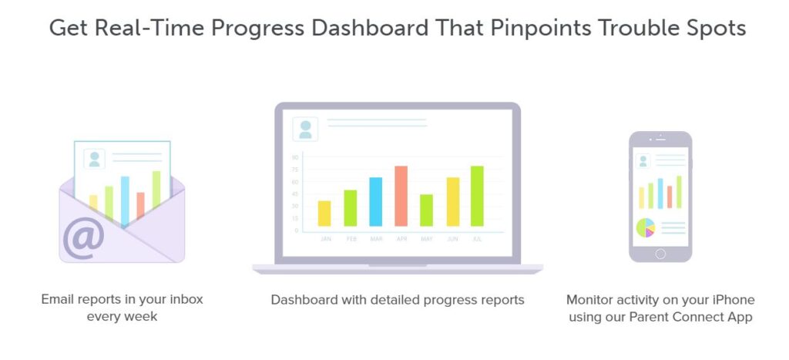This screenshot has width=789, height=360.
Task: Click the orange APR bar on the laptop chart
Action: point(401,196)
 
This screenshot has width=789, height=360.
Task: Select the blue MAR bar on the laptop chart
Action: point(375,201)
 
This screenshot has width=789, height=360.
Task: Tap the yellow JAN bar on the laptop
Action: point(324,214)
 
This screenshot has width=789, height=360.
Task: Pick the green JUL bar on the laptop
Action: point(477,196)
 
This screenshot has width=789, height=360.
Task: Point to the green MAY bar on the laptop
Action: point(427,210)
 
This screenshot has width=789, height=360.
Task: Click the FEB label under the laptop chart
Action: point(351,239)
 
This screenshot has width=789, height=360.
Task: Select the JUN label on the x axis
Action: point(453,239)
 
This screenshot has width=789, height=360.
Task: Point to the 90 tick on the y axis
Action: point(295,157)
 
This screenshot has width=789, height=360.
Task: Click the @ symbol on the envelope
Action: point(83,238)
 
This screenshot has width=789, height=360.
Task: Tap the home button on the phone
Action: point(660,254)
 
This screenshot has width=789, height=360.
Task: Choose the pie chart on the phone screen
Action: point(646,227)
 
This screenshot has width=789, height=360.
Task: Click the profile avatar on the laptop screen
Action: point(305,129)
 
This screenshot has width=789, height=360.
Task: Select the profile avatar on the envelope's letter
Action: point(94,159)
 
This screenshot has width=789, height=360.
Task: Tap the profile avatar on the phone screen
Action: point(643,161)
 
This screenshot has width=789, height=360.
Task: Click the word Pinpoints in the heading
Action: point(541,29)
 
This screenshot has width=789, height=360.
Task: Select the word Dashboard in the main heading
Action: point(371,28)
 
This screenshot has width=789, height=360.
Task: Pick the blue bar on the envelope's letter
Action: point(125,200)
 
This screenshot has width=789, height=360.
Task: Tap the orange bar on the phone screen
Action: point(670,197)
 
